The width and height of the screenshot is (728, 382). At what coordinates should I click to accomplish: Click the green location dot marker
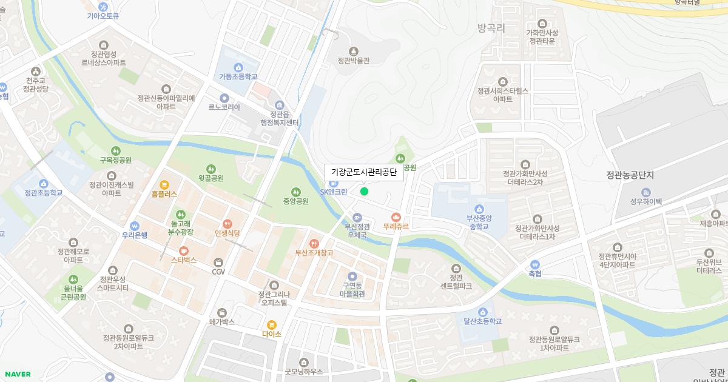pyautogui.click(x=364, y=192)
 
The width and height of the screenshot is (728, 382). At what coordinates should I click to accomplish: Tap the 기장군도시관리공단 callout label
pyautogui.click(x=363, y=172)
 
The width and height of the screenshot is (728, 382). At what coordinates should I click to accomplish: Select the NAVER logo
pyautogui.click(x=18, y=374)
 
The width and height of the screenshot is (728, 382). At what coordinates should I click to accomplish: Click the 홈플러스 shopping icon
pyautogui.click(x=164, y=184)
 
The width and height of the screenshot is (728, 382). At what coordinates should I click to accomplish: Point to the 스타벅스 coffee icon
pyautogui.click(x=183, y=250)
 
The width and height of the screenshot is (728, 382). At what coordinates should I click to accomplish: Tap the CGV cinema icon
pyautogui.click(x=218, y=262)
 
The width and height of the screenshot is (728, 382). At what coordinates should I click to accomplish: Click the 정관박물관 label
pyautogui.click(x=354, y=60)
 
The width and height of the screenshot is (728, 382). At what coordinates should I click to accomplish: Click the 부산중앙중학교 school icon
pyautogui.click(x=479, y=209)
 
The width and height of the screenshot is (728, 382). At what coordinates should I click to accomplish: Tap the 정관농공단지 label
pyautogui.click(x=630, y=175)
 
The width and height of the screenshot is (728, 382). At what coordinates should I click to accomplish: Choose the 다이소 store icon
pyautogui.click(x=271, y=324)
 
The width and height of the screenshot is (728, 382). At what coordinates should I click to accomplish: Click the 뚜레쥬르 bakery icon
pyautogui.click(x=396, y=216)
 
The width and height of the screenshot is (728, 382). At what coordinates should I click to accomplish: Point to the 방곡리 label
pyautogui.click(x=491, y=28)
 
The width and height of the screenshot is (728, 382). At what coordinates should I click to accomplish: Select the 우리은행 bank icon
pyautogui.click(x=134, y=226)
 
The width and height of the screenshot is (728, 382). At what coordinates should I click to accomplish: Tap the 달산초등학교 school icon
pyautogui.click(x=483, y=312)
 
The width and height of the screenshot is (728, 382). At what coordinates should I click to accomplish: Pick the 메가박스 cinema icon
pyautogui.click(x=221, y=312)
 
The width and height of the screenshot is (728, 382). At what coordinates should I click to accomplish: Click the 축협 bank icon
pyautogui.click(x=534, y=264)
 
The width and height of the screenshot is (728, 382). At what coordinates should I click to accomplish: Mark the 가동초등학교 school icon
pyautogui.click(x=238, y=67)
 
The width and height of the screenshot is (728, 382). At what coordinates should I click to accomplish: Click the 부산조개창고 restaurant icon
pyautogui.click(x=314, y=243)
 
